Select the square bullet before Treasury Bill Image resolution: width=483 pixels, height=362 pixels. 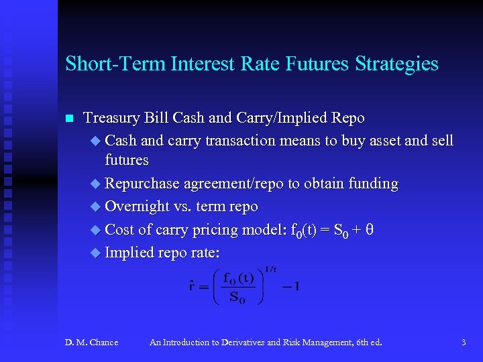pos(68,119)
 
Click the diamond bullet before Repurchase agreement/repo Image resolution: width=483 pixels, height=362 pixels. pos(95,184)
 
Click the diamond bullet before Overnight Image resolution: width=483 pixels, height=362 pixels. pos(95,206)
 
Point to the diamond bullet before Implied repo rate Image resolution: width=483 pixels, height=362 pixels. pos(95,253)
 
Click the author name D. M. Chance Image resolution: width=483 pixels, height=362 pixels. pos(91,343)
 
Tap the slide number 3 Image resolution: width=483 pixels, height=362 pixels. pos(464,343)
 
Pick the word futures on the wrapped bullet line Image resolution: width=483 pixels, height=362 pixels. pos(127,161)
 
